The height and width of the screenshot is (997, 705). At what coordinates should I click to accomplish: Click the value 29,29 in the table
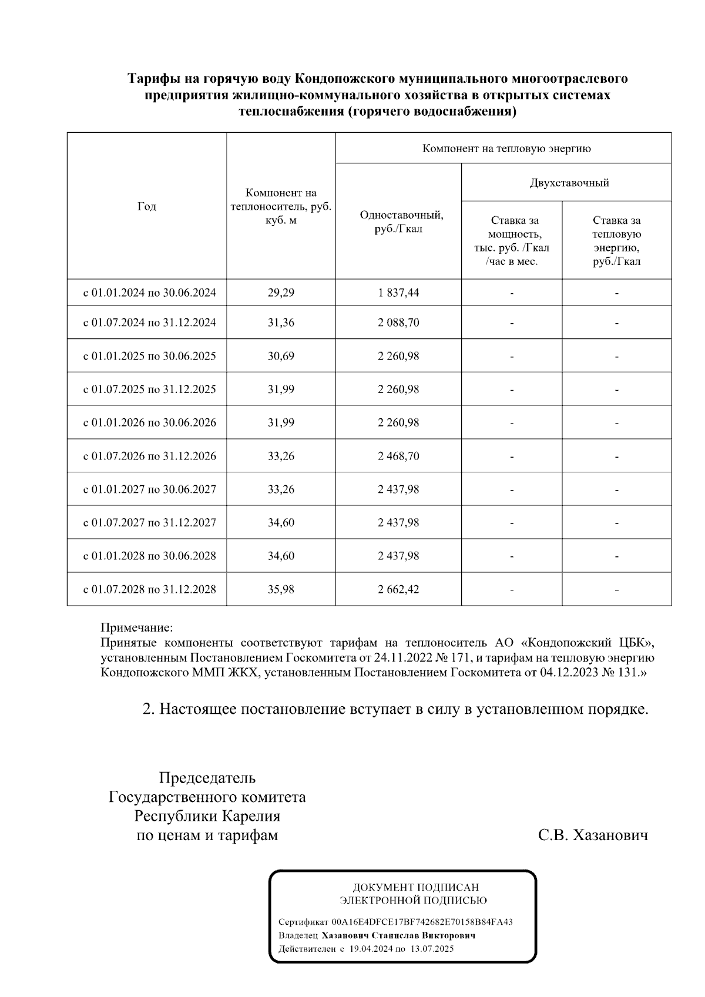point(281,293)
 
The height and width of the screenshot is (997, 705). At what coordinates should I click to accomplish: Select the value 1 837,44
point(398,293)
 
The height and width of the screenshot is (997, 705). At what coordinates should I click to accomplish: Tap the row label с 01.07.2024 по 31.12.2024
point(149,323)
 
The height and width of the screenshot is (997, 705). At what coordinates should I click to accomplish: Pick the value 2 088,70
point(398,323)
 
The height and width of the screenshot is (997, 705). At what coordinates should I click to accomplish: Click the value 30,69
point(281,356)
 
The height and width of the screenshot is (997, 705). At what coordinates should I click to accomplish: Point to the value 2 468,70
point(398,456)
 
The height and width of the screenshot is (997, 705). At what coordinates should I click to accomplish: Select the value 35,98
point(281,589)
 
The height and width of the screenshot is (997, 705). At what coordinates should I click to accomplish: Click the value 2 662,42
point(398,589)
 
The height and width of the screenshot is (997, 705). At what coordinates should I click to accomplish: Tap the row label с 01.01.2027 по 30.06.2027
point(149,489)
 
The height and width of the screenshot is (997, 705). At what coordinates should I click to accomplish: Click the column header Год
point(147,206)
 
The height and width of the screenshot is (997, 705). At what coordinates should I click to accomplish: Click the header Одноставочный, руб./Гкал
point(401,221)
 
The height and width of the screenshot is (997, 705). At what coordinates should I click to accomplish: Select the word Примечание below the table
point(137,627)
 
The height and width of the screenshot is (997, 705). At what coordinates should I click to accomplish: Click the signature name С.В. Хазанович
point(593,835)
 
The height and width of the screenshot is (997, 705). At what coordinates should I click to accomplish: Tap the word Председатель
point(207,778)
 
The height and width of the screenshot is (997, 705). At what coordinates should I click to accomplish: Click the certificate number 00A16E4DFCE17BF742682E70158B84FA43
point(422,922)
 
